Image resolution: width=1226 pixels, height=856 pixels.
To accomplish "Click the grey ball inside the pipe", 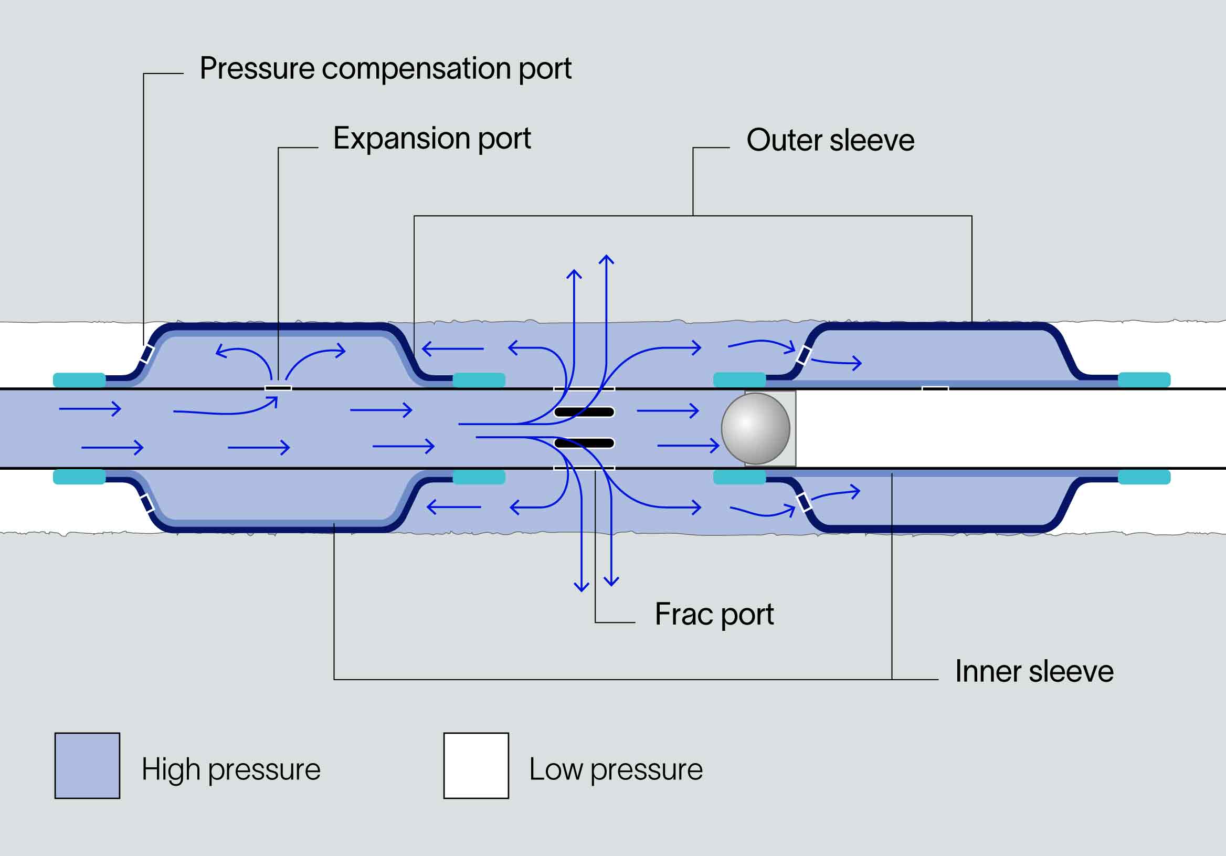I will [x=756, y=428].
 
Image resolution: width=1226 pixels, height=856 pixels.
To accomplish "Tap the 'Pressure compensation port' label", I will [x=385, y=68].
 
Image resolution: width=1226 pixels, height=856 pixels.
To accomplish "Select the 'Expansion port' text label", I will [x=431, y=139].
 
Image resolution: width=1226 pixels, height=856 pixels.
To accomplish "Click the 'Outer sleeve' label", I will [x=830, y=141].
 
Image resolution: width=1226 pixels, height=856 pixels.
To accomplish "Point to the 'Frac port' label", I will [x=714, y=614].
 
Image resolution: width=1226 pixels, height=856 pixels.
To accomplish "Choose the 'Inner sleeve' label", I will [x=1034, y=671].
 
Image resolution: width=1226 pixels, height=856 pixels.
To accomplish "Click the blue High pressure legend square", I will [x=87, y=765].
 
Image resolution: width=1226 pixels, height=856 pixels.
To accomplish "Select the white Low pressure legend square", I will [x=476, y=765].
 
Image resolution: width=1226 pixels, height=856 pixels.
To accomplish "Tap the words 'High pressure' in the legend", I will [x=231, y=769].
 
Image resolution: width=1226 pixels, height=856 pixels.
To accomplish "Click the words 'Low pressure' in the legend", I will [x=616, y=769].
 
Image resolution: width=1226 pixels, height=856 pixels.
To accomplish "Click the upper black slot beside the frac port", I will [x=584, y=411].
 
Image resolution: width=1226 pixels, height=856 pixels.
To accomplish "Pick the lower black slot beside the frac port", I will [x=584, y=442].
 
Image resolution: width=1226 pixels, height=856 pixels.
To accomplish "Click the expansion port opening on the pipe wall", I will [x=278, y=388].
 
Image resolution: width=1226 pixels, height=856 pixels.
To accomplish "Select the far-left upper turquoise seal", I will [x=79, y=379].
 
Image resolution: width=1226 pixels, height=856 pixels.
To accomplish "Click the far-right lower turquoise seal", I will [x=1144, y=477].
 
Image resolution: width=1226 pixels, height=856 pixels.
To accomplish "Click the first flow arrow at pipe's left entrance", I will [x=90, y=409].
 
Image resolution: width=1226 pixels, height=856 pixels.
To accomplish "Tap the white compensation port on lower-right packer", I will [x=804, y=502].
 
